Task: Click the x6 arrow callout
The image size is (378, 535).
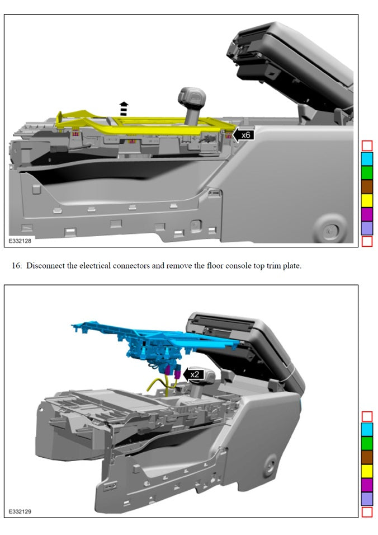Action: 243,135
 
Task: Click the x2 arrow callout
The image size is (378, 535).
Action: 193,374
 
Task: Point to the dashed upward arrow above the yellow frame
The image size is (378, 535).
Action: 124,108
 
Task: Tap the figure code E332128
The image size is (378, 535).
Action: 20,241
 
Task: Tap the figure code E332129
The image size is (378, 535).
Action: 20,511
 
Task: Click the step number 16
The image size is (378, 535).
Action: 17,266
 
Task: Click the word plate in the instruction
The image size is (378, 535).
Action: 292,266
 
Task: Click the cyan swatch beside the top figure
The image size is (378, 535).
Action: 367,159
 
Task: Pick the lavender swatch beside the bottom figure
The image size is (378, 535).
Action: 367,499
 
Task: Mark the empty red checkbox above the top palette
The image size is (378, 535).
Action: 367,146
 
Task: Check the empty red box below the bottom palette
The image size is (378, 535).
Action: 367,512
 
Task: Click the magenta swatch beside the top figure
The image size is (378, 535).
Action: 367,214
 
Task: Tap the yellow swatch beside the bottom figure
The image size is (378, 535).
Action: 367,471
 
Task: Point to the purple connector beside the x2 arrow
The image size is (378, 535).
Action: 177,374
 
